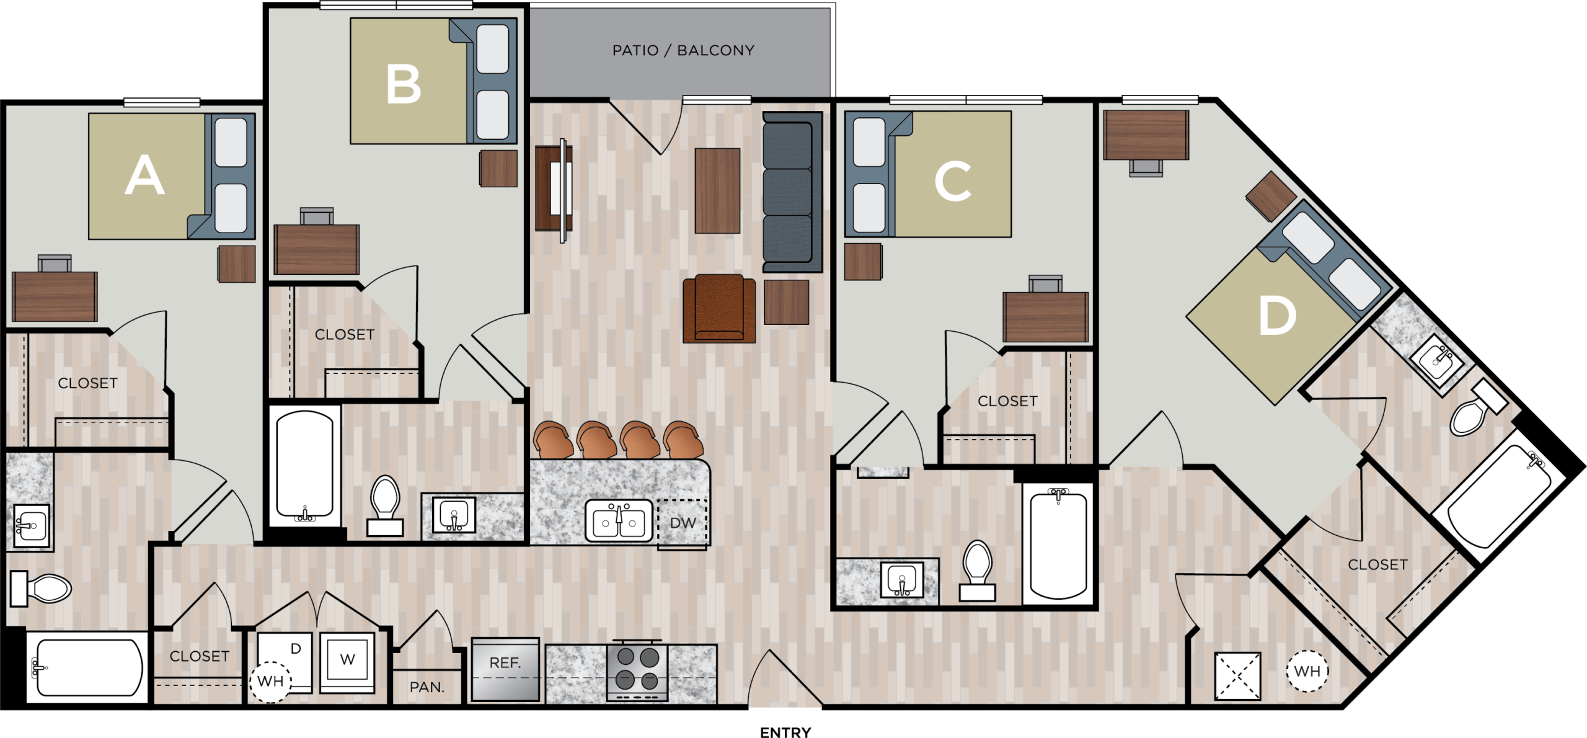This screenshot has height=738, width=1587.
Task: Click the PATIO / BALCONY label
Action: point(683,50)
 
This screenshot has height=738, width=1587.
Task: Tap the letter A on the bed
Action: point(144,176)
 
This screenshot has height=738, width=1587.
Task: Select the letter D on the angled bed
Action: point(1277,316)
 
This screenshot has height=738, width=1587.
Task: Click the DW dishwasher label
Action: point(683,523)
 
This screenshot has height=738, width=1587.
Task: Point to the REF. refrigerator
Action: point(505,670)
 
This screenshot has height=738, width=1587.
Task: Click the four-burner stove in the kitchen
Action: point(637,672)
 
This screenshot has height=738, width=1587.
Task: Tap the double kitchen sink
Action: point(619,521)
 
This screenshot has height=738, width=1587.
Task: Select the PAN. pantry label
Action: point(427,687)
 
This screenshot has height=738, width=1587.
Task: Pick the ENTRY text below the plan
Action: point(785,732)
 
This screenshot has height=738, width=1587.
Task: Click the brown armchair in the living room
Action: point(719,308)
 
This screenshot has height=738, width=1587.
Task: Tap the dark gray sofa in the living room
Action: point(792,192)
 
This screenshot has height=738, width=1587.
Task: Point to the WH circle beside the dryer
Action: point(270,681)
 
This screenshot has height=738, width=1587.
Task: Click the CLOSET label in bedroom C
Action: point(1007,401)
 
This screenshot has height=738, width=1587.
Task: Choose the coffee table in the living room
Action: point(717,191)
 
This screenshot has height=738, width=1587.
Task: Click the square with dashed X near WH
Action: point(1237,675)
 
